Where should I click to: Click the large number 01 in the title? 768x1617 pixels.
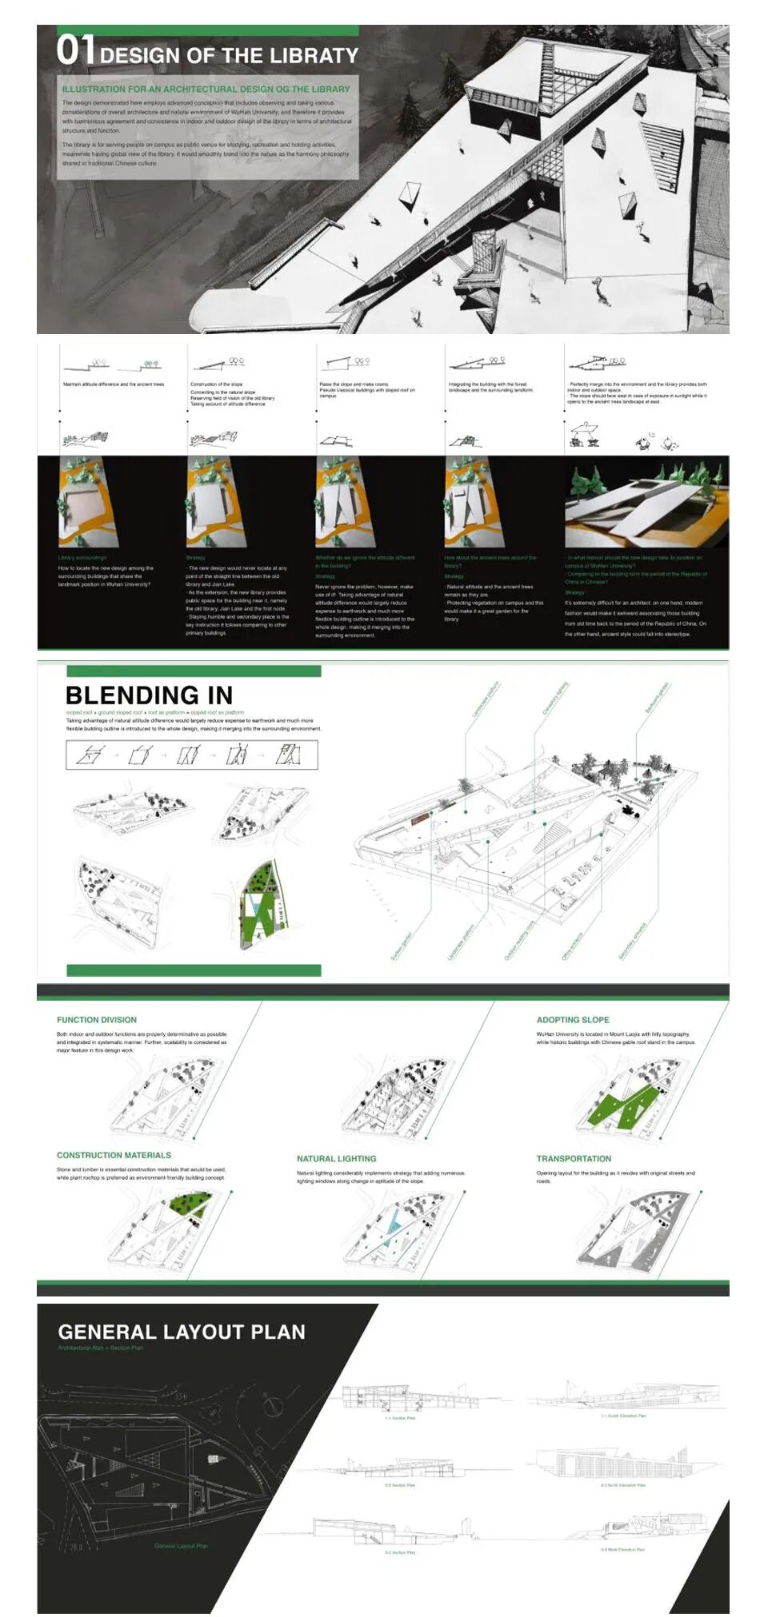pos(75,50)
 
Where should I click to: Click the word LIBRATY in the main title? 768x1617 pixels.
pos(315,56)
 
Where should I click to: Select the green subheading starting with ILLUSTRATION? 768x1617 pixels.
pos(206,90)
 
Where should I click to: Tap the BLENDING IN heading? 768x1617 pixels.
pos(149,695)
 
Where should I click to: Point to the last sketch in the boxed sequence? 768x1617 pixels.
pos(288,754)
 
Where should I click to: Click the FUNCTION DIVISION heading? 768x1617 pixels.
pos(96,1020)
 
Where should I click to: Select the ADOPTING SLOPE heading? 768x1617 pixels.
pos(572,1020)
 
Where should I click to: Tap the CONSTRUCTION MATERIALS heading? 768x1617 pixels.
pos(114,1155)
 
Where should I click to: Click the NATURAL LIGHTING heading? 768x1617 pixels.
pos(336,1158)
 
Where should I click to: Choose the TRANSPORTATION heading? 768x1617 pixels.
pos(574,1158)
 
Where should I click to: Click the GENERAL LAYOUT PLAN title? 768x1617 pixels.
pos(182,1332)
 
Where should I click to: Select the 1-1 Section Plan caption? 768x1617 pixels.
pos(400,1418)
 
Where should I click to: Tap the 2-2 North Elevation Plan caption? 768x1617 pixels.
pos(623,1485)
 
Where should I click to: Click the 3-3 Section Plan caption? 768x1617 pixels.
pos(400,1552)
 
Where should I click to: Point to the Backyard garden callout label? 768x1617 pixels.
pos(656,698)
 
